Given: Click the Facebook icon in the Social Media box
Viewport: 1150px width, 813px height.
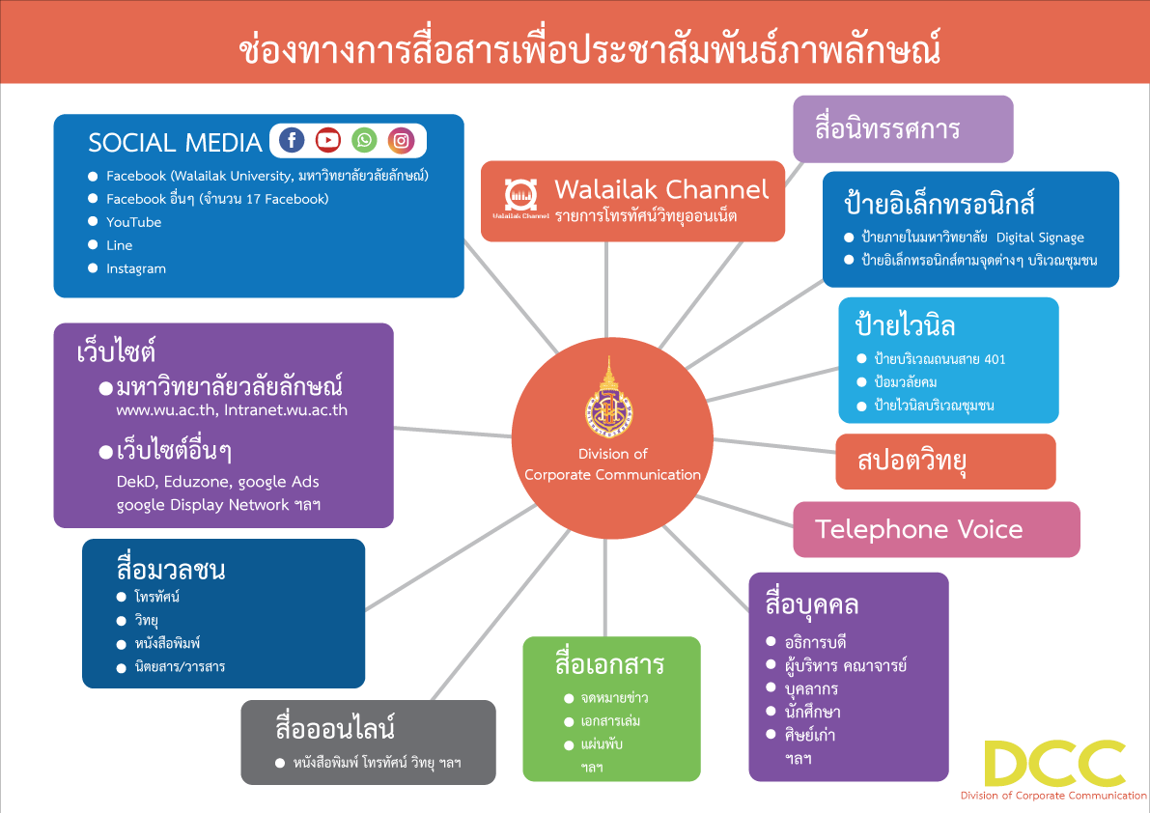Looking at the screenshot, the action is (292, 139).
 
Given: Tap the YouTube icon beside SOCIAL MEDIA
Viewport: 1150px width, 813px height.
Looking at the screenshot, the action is (328, 139).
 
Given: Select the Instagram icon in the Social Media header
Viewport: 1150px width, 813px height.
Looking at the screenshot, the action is (401, 139).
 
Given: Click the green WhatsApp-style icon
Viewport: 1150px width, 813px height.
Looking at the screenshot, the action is (365, 139).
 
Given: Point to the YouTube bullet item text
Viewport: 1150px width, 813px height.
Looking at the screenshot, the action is (133, 222).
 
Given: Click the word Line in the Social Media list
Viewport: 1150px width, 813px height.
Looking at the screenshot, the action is (120, 245).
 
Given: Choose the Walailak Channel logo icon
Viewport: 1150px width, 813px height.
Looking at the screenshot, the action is (520, 195).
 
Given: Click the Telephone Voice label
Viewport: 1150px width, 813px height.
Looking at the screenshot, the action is (919, 529).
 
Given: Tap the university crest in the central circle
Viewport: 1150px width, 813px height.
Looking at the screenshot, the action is (608, 400).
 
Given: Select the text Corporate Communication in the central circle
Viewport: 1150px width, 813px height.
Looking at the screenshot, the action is (612, 475).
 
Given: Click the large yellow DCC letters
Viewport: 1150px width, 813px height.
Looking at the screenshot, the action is (1054, 764).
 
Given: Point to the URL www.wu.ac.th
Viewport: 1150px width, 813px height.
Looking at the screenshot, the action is (166, 410).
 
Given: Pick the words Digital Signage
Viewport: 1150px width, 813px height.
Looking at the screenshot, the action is (1040, 238).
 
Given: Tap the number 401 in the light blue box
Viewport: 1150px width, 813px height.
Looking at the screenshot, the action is (995, 359).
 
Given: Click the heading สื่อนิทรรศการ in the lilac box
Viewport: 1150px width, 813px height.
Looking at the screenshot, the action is (887, 128).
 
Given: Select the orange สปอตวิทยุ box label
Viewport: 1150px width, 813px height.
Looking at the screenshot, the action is (912, 461).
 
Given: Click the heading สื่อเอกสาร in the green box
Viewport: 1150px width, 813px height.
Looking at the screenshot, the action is (609, 663).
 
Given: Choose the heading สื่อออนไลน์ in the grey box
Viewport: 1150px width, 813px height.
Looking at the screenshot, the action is (335, 727).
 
